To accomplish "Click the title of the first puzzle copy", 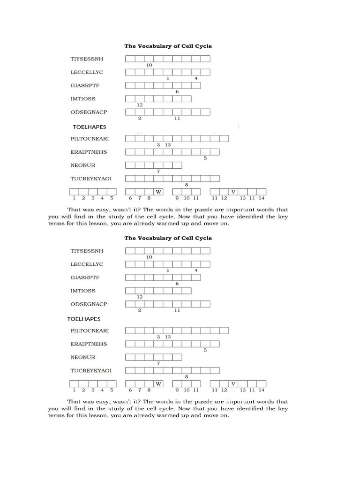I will pyautogui.click(x=168, y=46).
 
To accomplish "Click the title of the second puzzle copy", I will pyautogui.click(x=168, y=238).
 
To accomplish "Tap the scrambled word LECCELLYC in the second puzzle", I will pyautogui.click(x=86, y=264).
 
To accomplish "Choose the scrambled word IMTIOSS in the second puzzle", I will pyautogui.click(x=83, y=291).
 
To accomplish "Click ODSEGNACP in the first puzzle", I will pyautogui.click(x=89, y=112).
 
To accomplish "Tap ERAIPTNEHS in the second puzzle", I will pyautogui.click(x=89, y=344).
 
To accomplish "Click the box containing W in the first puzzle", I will pyautogui.click(x=158, y=192).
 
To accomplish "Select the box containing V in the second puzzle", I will pyautogui.click(x=233, y=383).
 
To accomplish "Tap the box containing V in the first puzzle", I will pyautogui.click(x=233, y=192).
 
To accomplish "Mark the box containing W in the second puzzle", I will pyautogui.click(x=158, y=383).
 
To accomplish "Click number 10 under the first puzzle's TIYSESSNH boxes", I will pyautogui.click(x=149, y=65).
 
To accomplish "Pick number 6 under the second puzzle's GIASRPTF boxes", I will pyautogui.click(x=177, y=284).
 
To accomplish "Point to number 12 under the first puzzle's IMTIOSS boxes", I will pyautogui.click(x=140, y=105).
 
